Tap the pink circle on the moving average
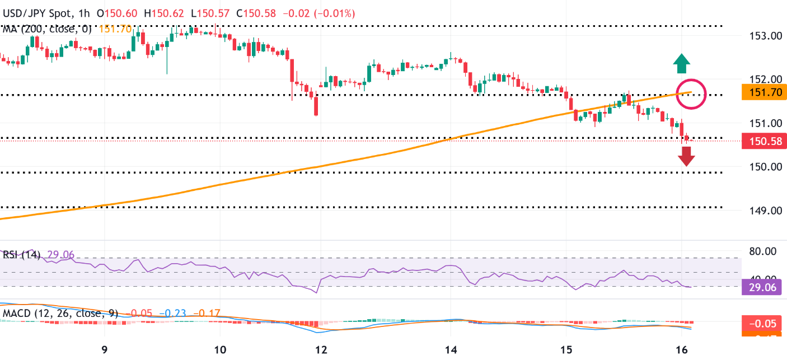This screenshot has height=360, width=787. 691,93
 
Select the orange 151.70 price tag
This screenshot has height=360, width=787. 763,92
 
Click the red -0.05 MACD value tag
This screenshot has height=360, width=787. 763,323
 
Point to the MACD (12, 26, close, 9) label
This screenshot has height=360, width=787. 59,313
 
